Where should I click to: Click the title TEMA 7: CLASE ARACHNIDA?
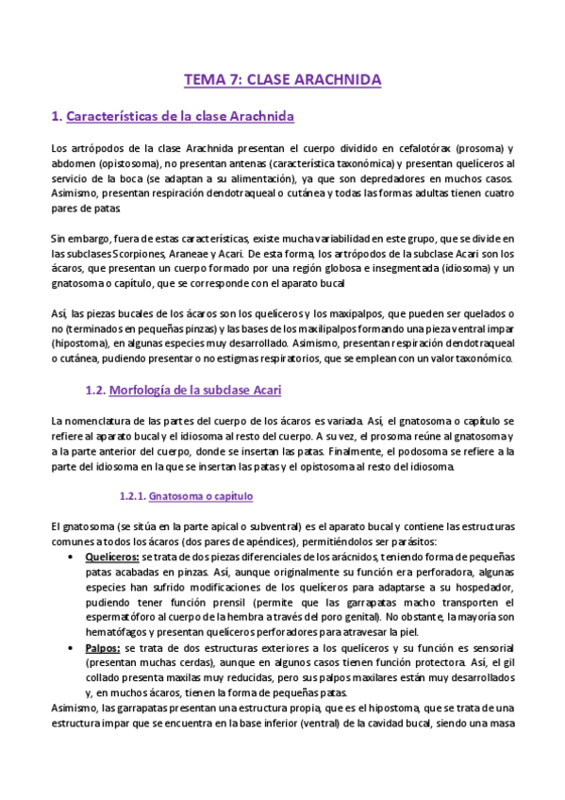(x=282, y=80)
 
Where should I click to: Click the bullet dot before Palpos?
(x=74, y=649)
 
